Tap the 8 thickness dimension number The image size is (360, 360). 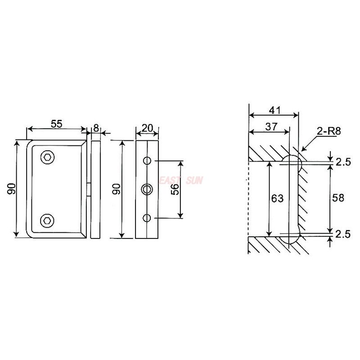coord(95,128)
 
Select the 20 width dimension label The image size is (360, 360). coord(147,128)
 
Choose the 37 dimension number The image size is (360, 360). coord(271,127)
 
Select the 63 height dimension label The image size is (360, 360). coord(278,198)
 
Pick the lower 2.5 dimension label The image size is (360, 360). coord(343,234)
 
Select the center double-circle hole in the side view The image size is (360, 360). coord(147,189)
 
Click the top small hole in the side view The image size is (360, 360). coord(147,161)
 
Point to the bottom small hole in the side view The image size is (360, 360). coord(147,218)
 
